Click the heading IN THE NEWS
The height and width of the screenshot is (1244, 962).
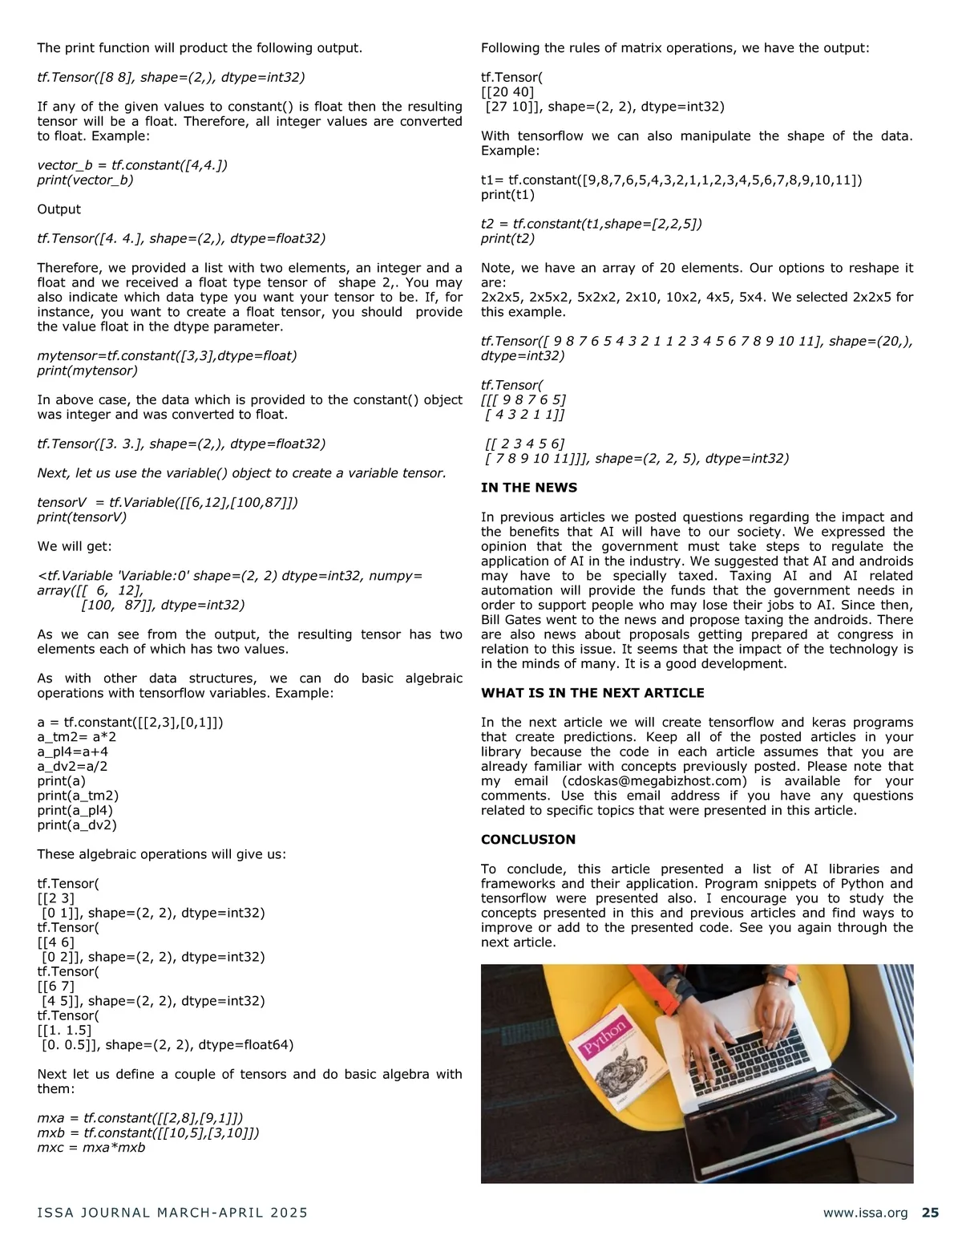[528, 488]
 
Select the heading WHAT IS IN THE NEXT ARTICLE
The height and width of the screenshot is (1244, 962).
[592, 693]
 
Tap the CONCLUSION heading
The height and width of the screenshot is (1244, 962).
[527, 840]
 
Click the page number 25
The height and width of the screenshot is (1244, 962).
[930, 1213]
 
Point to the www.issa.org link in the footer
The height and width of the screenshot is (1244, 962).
[865, 1213]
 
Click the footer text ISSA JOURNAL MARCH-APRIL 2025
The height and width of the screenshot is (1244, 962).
[172, 1213]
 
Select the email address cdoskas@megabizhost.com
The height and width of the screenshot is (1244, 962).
[654, 781]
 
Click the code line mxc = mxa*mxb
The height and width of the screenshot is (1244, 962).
[91, 1148]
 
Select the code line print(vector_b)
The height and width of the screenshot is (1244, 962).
[85, 180]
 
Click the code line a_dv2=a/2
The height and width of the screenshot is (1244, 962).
[72, 767]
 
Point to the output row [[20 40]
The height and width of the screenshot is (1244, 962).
[507, 92]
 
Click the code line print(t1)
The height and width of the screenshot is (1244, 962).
[507, 195]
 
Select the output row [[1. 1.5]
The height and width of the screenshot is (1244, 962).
[64, 1031]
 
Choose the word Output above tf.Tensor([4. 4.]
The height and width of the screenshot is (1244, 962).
[59, 209]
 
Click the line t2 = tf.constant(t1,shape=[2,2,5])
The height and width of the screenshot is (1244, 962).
[591, 224]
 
